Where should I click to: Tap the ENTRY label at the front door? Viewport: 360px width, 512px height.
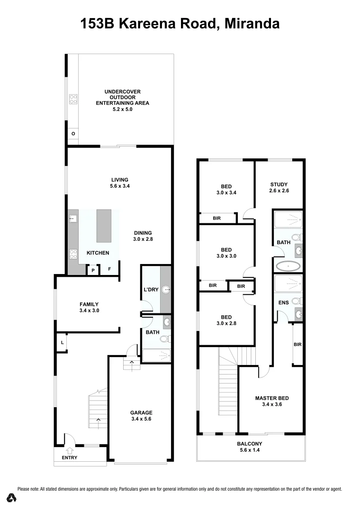coord(69,457)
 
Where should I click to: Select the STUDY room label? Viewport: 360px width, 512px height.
coord(279,184)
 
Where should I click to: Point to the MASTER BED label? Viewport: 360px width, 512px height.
coord(271,398)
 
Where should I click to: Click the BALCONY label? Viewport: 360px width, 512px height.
coord(249,444)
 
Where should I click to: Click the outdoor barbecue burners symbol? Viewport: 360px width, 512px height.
coord(73,100)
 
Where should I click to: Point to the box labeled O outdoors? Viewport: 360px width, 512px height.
coord(73,134)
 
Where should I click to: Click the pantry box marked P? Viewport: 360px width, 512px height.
coord(93,270)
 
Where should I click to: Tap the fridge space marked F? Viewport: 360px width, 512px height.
coord(109,269)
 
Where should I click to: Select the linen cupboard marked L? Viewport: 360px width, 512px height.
coord(62,342)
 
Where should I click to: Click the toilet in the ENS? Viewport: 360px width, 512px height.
coord(296,301)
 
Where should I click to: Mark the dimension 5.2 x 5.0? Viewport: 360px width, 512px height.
coord(123,109)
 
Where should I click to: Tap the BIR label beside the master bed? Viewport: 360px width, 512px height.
coord(297,344)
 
